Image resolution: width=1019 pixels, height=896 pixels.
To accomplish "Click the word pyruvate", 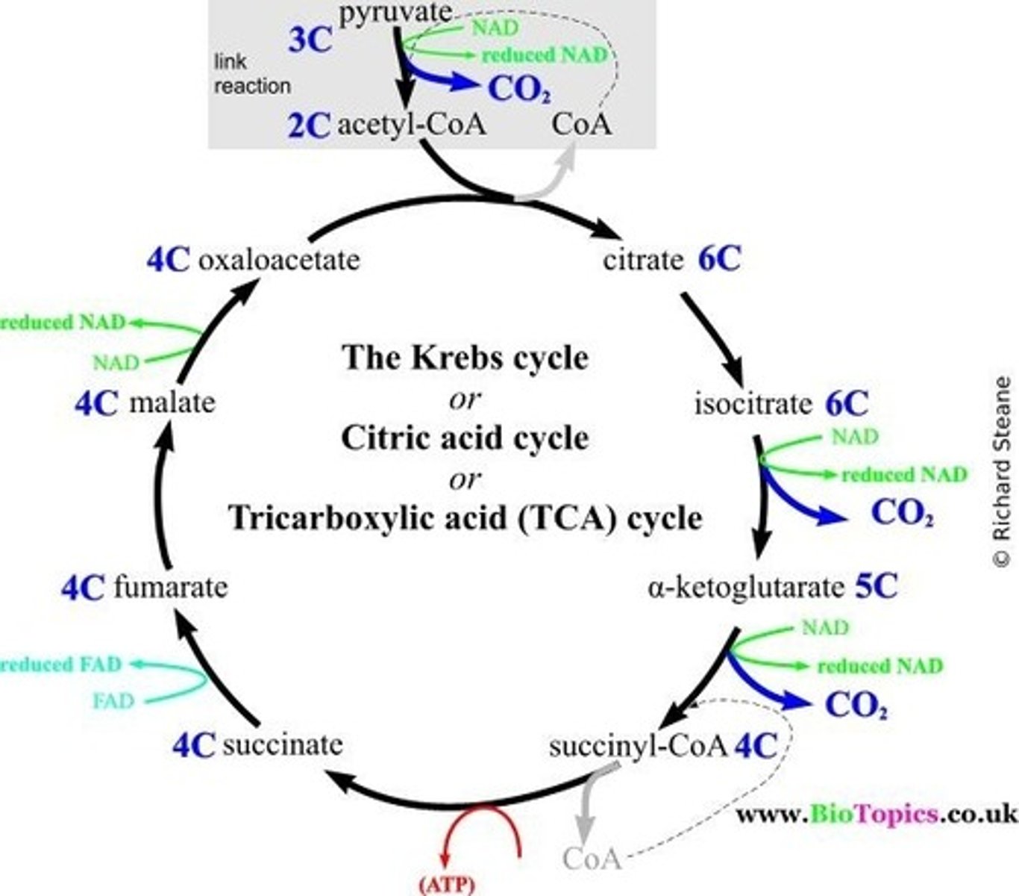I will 395,13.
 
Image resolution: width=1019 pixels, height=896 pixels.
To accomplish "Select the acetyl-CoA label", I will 412,124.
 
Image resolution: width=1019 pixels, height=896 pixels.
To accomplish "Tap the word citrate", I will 643,261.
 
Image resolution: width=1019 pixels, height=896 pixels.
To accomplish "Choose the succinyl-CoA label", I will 638,746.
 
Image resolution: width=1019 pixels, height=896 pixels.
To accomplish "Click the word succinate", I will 283,744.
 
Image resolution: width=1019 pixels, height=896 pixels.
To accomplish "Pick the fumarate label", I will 171,587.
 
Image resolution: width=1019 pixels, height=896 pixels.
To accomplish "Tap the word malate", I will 172,403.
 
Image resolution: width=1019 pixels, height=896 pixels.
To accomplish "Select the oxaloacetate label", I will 279,260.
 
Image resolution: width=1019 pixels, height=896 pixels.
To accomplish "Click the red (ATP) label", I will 446,886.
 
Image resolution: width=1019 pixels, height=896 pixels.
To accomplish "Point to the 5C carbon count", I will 876,587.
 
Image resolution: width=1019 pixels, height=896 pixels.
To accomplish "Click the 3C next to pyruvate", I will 310,40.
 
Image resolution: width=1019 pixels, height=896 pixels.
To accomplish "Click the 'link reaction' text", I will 252,73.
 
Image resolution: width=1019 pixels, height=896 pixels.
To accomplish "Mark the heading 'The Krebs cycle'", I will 465,358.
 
